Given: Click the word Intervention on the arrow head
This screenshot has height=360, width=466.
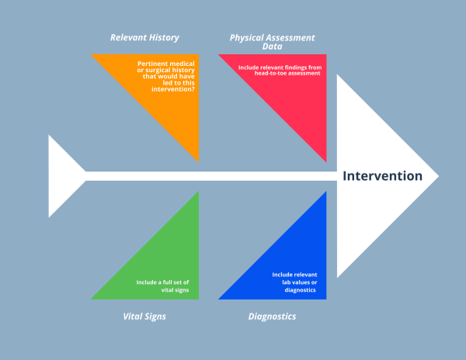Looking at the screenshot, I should click(x=383, y=176).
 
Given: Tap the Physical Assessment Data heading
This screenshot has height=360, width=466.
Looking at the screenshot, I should click(x=271, y=41).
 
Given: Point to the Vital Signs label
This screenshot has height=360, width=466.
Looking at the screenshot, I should click(x=144, y=317).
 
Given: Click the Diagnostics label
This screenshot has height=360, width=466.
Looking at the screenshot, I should click(x=272, y=317).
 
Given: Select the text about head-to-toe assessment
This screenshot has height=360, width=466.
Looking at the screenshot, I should click(x=281, y=71).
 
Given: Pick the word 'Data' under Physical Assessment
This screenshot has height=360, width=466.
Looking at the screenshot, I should click(x=272, y=47).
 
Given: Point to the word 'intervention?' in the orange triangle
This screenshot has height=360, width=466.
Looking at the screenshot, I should click(x=175, y=89).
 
